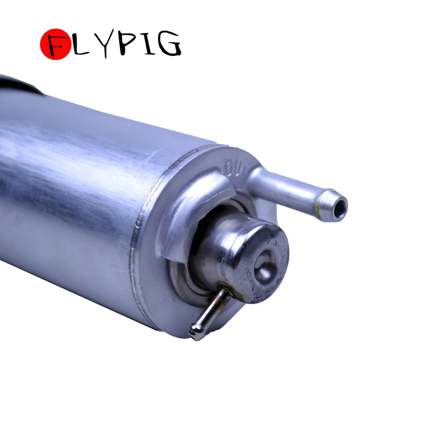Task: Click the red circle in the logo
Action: point(56,44)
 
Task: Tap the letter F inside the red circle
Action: point(57,45)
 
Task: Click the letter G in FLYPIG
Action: point(169,44)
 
